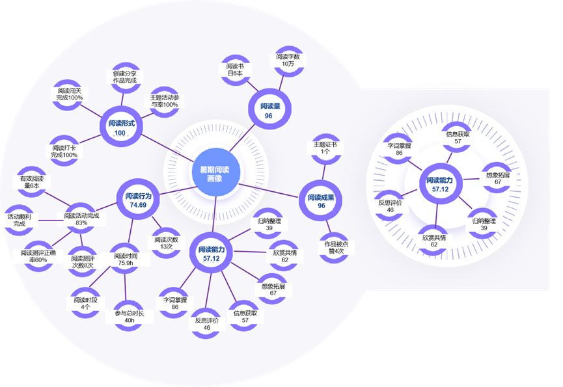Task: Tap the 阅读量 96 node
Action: tap(268, 111)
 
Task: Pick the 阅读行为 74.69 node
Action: tap(137, 200)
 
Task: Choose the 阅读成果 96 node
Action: tap(321, 201)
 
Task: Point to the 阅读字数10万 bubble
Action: tap(287, 60)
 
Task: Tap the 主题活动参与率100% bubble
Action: tap(160, 101)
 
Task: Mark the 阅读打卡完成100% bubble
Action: tap(64, 150)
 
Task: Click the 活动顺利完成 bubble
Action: tap(20, 219)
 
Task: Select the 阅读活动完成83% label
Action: tap(81, 219)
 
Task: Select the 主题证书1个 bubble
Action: tap(325, 148)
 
